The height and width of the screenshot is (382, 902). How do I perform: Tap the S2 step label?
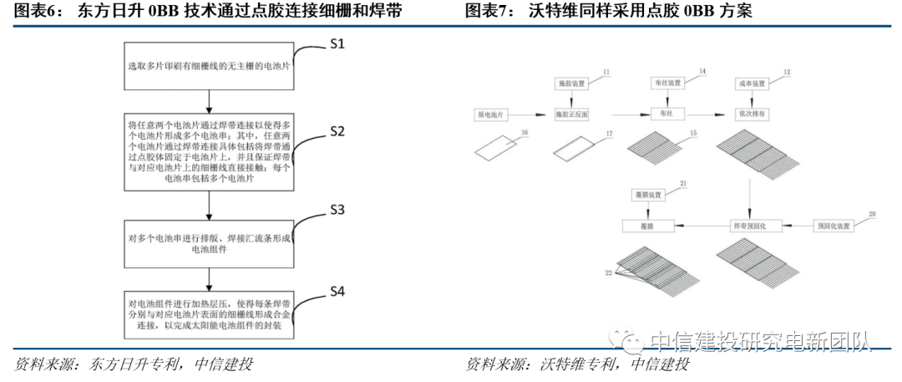coord(337,131)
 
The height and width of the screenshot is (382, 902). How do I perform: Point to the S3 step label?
coord(337,208)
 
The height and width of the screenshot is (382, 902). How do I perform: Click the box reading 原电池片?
coord(490,113)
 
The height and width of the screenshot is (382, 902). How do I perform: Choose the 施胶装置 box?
coord(572,83)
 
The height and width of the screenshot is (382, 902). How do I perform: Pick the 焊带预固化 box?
coord(750,227)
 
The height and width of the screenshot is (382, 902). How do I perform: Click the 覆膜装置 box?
coord(647,196)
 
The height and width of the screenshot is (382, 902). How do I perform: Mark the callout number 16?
coord(524,133)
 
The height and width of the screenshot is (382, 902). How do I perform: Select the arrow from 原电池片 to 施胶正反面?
coord(531,113)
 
